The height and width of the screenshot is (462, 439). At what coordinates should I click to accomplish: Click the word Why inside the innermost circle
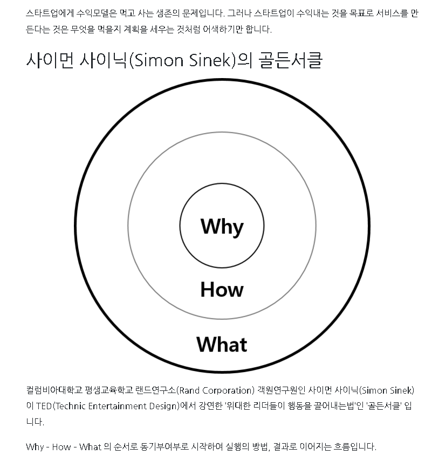[222, 227]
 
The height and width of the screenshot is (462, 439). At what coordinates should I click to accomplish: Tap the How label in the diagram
[222, 290]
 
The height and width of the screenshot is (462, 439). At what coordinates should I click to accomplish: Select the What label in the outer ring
[222, 344]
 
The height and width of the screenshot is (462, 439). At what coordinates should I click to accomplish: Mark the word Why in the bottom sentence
[35, 447]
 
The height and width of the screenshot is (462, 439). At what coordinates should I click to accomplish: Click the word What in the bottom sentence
[90, 447]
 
